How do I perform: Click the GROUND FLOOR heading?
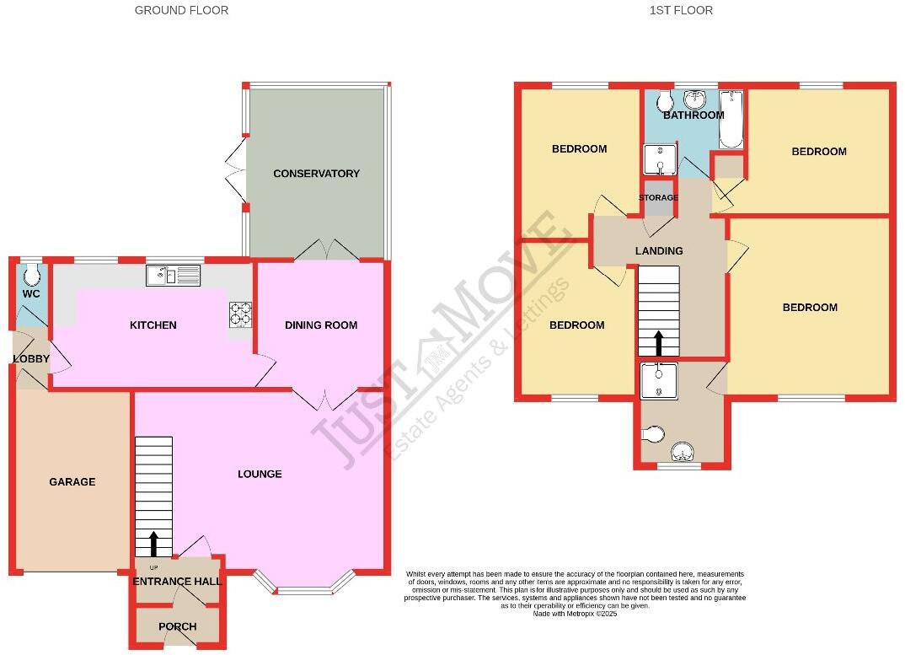181,10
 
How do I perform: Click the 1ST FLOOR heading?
681,10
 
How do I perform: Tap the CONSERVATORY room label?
316,174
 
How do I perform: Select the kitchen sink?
174,275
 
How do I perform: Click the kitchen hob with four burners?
240,314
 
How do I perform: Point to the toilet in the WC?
32,275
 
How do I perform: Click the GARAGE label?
72,482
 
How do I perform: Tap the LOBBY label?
31,359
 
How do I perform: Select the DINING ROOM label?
321,325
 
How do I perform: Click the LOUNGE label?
260,474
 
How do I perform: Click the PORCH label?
177,626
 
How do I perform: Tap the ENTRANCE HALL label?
177,582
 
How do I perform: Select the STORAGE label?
658,198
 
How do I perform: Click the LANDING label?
659,251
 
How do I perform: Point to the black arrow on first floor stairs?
657,342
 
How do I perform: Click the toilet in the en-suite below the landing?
652,434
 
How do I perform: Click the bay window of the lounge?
304,587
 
